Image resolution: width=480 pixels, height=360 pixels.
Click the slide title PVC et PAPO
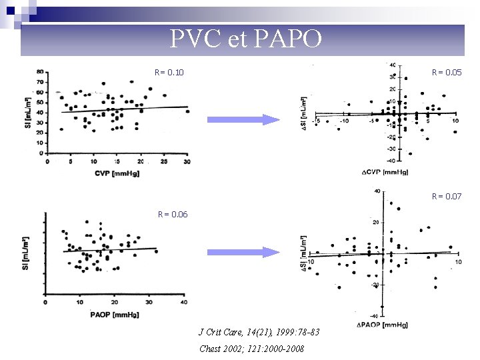point(246,39)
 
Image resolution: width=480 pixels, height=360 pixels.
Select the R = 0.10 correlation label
point(169,72)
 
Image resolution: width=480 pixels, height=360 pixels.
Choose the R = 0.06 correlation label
point(173,214)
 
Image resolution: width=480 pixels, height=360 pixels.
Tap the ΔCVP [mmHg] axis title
point(385,172)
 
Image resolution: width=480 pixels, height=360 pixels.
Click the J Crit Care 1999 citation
point(259,332)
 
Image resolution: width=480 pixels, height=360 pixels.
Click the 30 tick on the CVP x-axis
point(186,161)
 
